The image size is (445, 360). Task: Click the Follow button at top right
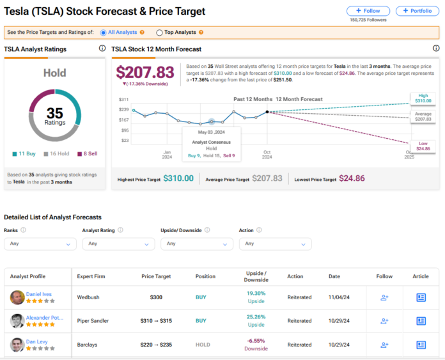pyautogui.click(x=368, y=11)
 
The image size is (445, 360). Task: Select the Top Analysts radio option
pyautogui.click(x=159, y=32)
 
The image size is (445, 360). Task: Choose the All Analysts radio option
pyautogui.click(x=103, y=32)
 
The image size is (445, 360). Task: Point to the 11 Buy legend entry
pyautogui.click(x=25, y=153)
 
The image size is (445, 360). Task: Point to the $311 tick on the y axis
pyautogui.click(x=124, y=99)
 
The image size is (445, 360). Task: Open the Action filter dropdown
pyautogui.click(x=275, y=244)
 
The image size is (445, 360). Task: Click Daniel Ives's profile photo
pyautogui.click(x=17, y=297)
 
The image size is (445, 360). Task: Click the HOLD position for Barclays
pyautogui.click(x=202, y=345)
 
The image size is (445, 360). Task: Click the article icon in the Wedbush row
pyautogui.click(x=421, y=297)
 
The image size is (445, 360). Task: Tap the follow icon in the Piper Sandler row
pyautogui.click(x=384, y=321)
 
